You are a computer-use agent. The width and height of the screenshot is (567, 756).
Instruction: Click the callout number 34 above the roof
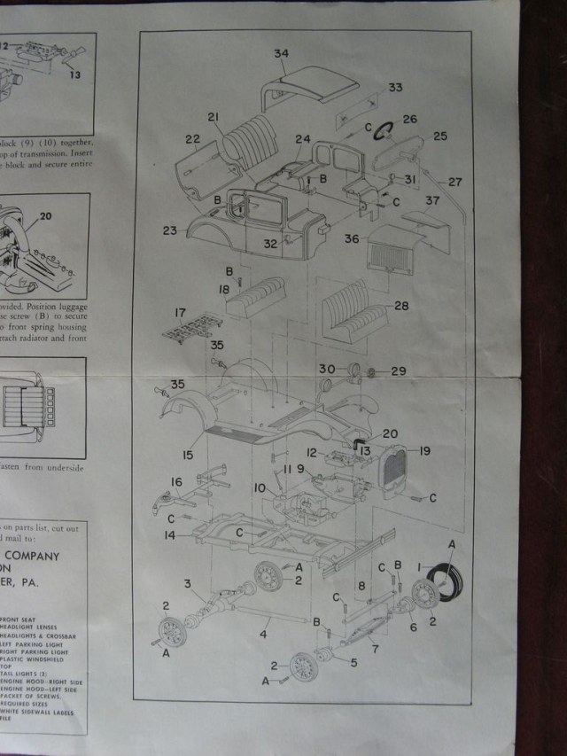click(281, 54)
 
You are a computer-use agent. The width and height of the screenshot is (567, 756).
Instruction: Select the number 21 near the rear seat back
click(214, 118)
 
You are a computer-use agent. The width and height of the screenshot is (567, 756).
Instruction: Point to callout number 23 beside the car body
click(170, 230)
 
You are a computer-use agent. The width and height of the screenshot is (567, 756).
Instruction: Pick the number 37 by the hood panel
click(431, 200)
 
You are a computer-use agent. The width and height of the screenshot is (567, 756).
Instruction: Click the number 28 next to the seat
click(401, 305)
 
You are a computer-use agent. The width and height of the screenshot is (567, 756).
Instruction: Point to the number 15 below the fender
click(188, 455)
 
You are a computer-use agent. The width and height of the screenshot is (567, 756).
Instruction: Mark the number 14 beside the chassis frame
click(169, 536)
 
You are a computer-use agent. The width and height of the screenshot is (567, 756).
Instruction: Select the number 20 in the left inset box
click(46, 216)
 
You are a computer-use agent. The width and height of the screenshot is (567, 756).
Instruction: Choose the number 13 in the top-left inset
click(74, 74)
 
